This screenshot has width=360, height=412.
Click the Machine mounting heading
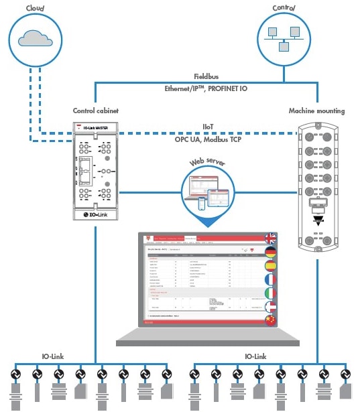click(316, 111)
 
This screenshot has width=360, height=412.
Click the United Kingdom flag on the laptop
click(271, 238)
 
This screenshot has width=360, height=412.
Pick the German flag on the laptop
click(271, 253)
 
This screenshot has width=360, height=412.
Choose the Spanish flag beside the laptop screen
click(271, 267)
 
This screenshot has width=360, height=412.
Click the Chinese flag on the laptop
click(271, 322)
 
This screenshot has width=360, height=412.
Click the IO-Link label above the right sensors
click(257, 356)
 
